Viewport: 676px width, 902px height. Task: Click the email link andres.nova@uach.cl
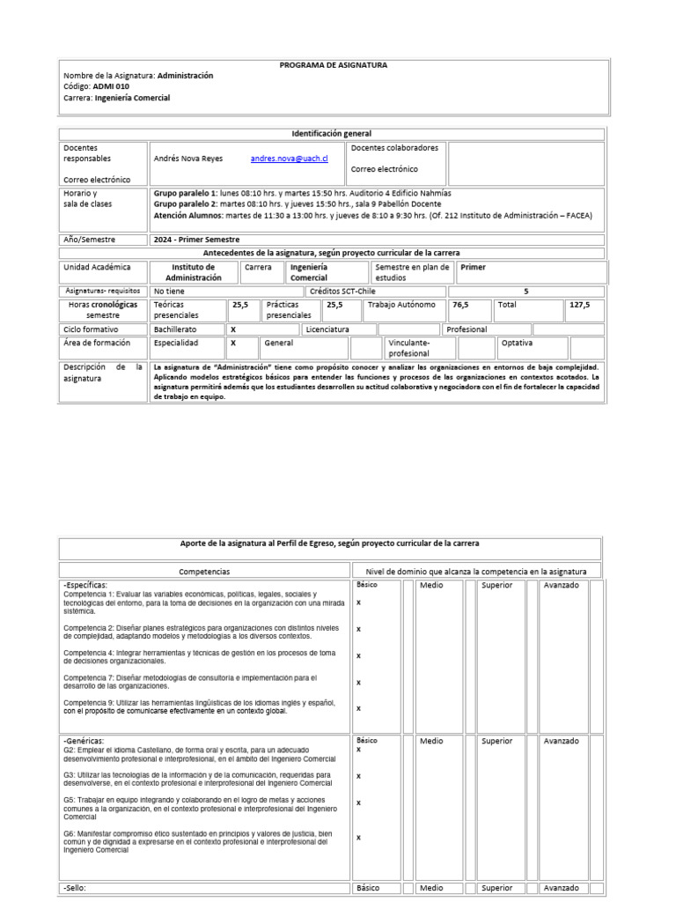[289, 159]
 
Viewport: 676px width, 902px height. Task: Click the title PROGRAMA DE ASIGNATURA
[334, 65]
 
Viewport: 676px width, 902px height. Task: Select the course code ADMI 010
[111, 87]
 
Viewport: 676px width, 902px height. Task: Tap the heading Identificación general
[332, 134]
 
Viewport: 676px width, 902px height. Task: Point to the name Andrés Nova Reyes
[188, 159]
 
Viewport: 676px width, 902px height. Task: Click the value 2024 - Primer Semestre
[196, 240]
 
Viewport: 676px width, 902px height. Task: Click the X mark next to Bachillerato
[233, 329]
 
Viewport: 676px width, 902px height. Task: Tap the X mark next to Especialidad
[233, 343]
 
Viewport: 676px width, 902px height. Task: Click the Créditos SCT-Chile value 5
[526, 291]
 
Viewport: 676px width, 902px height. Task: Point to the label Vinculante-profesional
[409, 347]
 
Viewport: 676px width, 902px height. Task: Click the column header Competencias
[205, 572]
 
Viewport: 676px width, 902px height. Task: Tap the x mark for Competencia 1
[358, 603]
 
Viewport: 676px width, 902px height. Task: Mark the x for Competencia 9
[358, 707]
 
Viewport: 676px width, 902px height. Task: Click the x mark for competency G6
[358, 838]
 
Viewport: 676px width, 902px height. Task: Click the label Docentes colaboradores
[394, 148]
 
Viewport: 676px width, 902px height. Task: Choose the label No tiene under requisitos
[169, 291]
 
